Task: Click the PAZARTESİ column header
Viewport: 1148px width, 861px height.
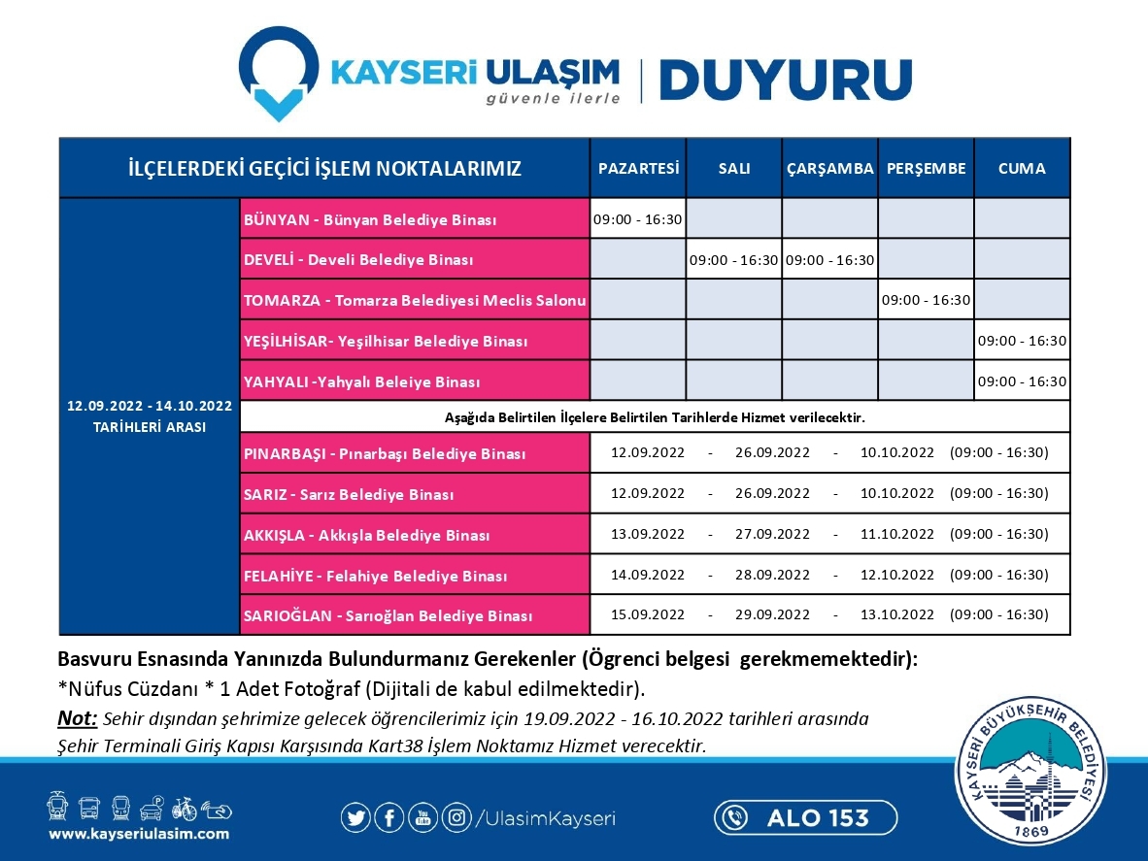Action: [638, 168]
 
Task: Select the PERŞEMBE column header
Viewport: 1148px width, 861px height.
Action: [926, 168]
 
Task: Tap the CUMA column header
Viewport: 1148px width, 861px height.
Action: [1022, 168]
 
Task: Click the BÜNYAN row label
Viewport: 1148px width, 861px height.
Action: [370, 220]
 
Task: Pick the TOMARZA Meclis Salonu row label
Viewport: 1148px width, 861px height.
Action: [415, 301]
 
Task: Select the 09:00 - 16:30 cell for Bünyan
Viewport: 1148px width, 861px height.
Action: [638, 219]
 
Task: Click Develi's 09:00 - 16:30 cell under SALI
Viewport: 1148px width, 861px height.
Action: [733, 260]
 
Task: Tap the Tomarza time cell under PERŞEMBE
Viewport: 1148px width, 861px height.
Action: [926, 300]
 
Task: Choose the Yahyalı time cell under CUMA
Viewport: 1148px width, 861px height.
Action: [1022, 381]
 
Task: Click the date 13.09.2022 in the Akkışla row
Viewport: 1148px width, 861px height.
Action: [648, 534]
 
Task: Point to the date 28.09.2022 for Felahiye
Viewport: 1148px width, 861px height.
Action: [772, 575]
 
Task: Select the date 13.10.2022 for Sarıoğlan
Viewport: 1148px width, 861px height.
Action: [896, 615]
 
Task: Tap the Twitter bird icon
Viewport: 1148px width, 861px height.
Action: [355, 817]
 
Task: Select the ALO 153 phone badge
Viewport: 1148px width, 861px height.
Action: [804, 817]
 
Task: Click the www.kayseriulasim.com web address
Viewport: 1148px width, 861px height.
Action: [139, 834]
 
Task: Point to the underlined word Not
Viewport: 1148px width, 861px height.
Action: [78, 719]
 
